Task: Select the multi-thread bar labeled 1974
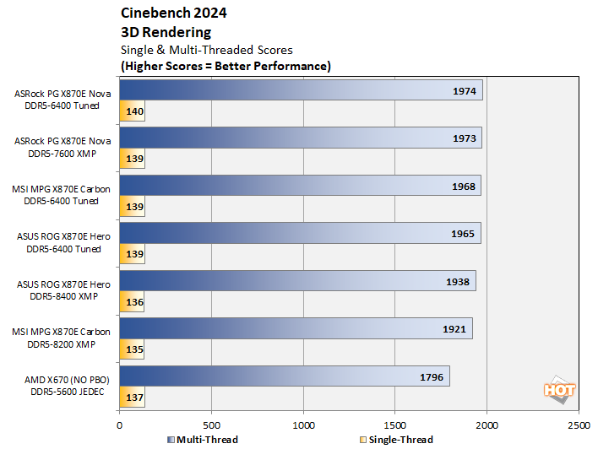301,90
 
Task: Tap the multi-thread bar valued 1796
284,376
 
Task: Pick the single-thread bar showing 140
133,111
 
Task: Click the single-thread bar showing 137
133,397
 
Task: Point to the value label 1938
457,282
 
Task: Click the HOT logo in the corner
558,390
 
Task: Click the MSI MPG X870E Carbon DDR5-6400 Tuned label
62,196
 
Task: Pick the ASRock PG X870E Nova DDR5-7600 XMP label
62,148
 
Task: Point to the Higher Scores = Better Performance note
226,65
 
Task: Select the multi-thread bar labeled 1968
300,186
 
